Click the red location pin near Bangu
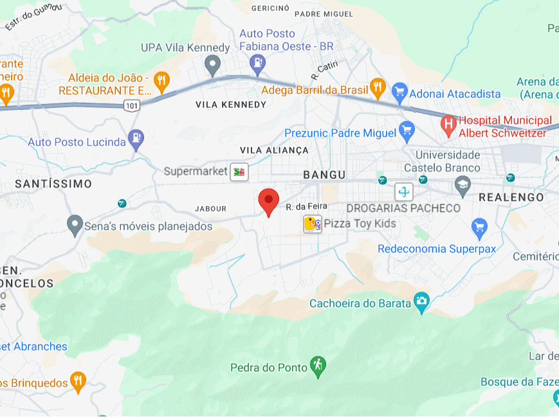268,201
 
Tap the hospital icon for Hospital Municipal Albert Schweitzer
448,123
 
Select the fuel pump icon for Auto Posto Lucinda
136,138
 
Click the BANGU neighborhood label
324,175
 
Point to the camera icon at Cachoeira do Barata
421,301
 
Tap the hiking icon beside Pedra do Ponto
317,365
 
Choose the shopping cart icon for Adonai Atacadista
399,91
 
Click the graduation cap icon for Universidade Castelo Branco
463,187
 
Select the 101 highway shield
132,105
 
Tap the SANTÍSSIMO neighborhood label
53,184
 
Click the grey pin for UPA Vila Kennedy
212,64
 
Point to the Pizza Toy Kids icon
313,224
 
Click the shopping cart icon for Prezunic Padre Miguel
406,131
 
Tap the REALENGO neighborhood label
511,197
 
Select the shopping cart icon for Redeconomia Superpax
479,227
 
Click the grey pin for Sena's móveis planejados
75,224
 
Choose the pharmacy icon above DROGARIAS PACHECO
404,192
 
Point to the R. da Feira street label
307,206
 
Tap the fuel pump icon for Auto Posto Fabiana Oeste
257,62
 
